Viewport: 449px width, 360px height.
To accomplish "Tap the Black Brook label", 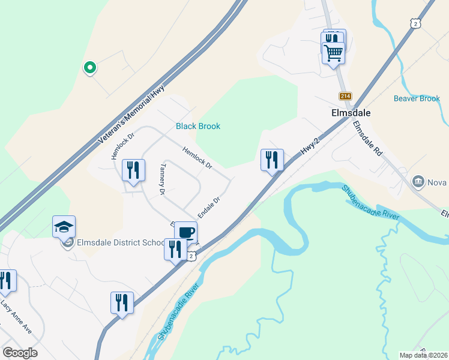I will tap(198, 126).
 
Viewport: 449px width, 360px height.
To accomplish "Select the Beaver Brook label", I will tap(417, 98).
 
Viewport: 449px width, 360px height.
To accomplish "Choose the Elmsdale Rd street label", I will tap(367, 139).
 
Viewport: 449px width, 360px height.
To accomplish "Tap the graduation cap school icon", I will tap(64, 226).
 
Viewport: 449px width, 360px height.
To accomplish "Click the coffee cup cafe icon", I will tap(185, 232).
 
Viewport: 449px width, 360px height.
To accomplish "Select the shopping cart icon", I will tap(333, 52).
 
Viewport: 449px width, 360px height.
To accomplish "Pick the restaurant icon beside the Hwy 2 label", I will tap(272, 160).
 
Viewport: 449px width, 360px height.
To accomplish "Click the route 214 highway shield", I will tap(345, 96).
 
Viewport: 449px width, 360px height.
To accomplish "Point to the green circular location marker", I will tap(89, 68).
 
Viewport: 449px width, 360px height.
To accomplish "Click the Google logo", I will tap(20, 353).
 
